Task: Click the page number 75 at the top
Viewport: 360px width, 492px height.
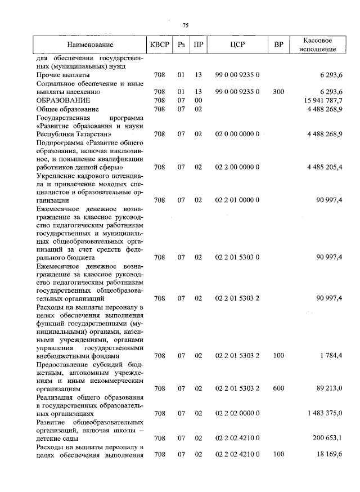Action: (185, 25)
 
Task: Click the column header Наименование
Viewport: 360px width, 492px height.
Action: (90, 44)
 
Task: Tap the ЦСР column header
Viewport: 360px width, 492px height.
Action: (237, 44)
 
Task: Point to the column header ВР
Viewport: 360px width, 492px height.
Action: (278, 44)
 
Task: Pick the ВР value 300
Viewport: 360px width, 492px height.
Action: (278, 91)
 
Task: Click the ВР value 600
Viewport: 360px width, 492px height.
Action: (278, 388)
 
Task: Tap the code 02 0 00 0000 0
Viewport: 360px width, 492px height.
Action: (237, 134)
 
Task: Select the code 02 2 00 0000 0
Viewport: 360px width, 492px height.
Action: (237, 167)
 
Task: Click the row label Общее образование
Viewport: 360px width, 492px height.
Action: (67, 109)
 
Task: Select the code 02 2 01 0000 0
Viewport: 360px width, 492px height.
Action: (237, 200)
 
